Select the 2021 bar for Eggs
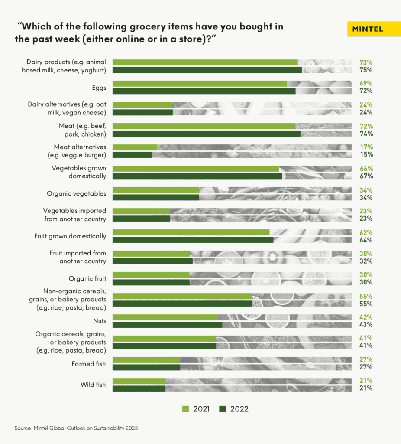[200, 84]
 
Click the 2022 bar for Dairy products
[207, 70]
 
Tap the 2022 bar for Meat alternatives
[132, 154]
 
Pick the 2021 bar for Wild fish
[139, 381]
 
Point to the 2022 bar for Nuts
[167, 324]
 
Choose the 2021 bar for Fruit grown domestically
[191, 232]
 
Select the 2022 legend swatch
[223, 409]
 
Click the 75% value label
[366, 70]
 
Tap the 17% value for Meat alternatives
[366, 147]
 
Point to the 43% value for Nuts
[366, 324]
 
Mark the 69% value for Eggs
[366, 83]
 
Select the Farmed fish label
[88, 363]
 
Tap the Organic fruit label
[87, 278]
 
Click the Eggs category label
[99, 87]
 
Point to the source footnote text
[76, 428]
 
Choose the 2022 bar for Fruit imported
[152, 261]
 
